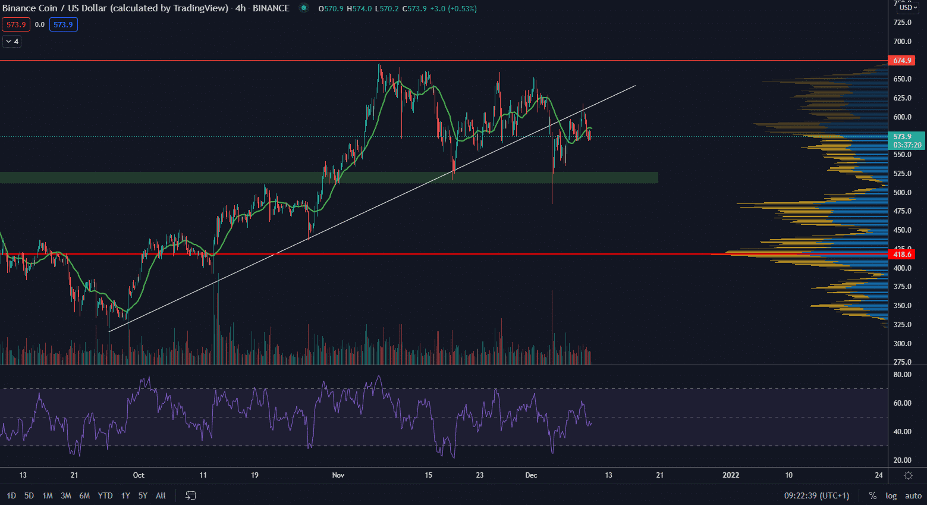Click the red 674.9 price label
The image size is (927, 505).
click(x=901, y=61)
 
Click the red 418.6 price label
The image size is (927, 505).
click(x=901, y=255)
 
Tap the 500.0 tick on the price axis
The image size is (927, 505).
click(x=902, y=193)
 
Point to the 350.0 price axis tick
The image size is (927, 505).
click(x=902, y=306)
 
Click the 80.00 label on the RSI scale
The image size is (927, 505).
click(x=902, y=375)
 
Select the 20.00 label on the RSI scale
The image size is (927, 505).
click(x=902, y=460)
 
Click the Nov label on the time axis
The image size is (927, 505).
click(x=338, y=475)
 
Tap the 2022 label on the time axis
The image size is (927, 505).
click(x=731, y=475)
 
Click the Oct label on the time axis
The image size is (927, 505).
click(x=139, y=475)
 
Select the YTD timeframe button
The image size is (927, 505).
click(x=105, y=495)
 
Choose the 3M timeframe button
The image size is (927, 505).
click(x=66, y=495)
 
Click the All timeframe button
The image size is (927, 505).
click(x=161, y=495)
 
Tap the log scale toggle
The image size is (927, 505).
click(x=891, y=495)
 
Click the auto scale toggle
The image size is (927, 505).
click(x=913, y=495)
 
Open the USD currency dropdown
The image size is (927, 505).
click(x=908, y=8)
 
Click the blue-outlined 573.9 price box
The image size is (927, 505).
click(x=64, y=24)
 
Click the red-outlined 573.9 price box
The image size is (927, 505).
click(x=16, y=24)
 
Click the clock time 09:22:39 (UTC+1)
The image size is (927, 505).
click(x=816, y=495)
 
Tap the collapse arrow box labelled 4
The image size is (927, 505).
click(x=12, y=42)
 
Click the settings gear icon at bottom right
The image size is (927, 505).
click(x=908, y=475)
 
